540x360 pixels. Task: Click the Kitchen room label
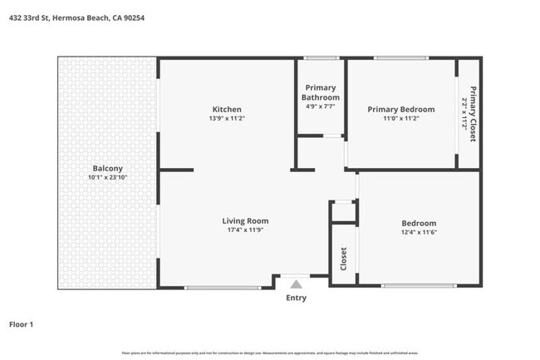(227, 110)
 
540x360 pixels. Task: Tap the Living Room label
(245, 221)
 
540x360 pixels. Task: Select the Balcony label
(108, 167)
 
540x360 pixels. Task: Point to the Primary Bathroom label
(321, 92)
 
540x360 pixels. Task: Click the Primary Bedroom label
(401, 110)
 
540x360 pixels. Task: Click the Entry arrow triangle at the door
(295, 283)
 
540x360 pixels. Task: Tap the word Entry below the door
(296, 298)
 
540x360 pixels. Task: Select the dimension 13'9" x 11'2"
(227, 119)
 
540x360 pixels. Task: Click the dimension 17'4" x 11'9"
(245, 230)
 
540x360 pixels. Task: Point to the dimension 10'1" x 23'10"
(108, 177)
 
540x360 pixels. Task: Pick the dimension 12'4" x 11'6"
(419, 233)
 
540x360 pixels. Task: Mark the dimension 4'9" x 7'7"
(321, 106)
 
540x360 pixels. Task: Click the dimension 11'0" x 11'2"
(401, 119)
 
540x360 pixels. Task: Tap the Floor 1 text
(21, 324)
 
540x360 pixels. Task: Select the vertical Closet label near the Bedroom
(343, 259)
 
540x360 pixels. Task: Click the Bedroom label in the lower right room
(419, 223)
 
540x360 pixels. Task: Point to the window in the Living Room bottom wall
(222, 288)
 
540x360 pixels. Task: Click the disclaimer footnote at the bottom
(270, 353)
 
